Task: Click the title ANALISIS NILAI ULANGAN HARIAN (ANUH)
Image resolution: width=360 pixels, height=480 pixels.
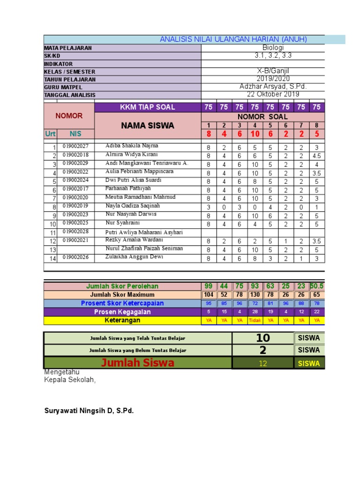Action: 233,39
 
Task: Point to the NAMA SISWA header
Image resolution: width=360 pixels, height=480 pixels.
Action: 148,126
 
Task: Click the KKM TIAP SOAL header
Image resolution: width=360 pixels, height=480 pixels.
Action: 148,107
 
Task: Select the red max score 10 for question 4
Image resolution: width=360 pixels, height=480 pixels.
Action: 255,134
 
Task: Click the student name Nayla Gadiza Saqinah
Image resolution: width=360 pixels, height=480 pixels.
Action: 133,206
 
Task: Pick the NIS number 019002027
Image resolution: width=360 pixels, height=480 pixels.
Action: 75,146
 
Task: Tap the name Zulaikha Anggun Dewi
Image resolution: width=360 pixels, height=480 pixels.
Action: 131,257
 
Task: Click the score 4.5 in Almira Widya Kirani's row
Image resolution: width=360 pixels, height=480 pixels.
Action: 317,156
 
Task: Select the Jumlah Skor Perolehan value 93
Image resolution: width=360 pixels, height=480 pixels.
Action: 255,286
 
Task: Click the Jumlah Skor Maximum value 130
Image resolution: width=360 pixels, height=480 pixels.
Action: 255,295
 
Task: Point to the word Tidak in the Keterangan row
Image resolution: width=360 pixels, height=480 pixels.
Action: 255,321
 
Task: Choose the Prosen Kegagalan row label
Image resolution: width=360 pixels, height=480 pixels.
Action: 122,312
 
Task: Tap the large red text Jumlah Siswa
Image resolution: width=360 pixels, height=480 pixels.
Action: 138,363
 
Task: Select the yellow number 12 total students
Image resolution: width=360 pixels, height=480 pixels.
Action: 262,363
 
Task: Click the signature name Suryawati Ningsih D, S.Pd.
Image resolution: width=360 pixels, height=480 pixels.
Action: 89,411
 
